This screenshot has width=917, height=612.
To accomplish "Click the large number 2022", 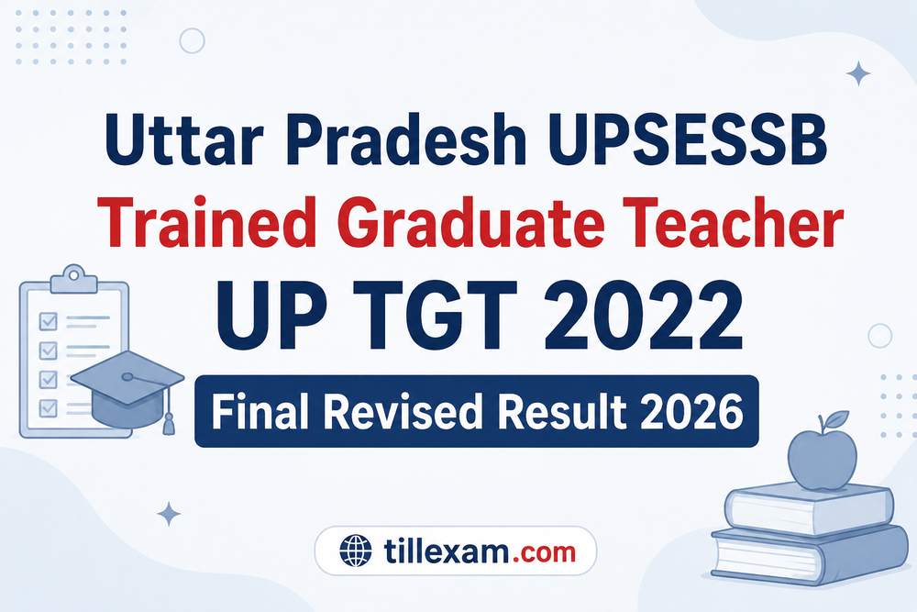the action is [644, 316].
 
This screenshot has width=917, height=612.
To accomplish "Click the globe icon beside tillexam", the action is [355, 551].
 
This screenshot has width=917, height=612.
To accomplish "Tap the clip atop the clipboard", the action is [73, 279].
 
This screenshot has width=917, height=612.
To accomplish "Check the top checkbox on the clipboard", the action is [48, 321].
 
